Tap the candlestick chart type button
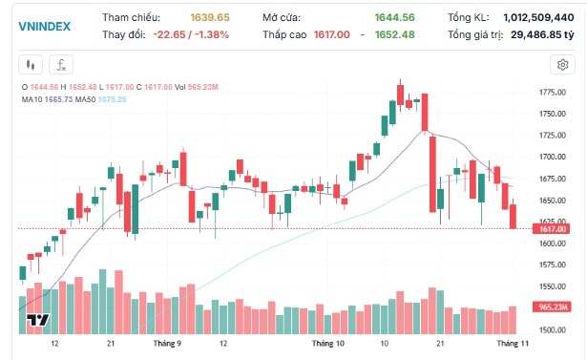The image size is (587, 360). [x=31, y=65]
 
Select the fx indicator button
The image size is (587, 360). [x=60, y=65]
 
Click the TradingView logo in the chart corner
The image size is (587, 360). [x=38, y=319]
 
